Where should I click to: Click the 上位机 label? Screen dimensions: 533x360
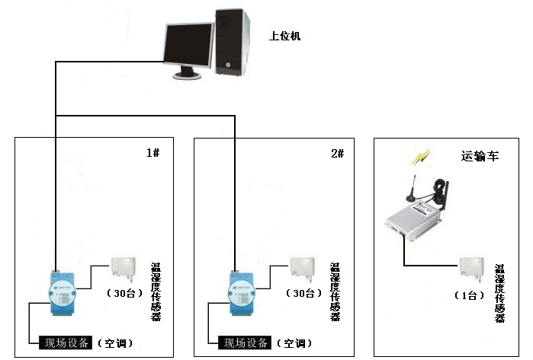pos(285,36)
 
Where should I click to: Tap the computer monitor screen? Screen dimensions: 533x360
pos(188,45)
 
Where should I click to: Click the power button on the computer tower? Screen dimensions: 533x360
pos(228,65)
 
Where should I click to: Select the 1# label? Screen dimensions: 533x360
pos(153,153)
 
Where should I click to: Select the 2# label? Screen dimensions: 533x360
pos(338,154)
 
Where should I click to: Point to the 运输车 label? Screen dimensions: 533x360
pos(480,156)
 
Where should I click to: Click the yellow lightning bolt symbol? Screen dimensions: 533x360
pos(421,157)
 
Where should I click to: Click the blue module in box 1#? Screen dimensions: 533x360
pos(63,293)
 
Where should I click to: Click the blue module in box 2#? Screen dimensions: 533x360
pos(242,293)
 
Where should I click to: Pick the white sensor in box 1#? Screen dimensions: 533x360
pos(124,269)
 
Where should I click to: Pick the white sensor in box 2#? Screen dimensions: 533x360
pos(303,269)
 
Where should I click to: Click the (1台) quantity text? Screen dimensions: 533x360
pos(470,295)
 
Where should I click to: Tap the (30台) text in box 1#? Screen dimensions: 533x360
pos(124,293)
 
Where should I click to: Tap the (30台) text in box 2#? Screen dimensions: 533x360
pos(303,293)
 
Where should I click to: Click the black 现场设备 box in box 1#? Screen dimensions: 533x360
pos(66,342)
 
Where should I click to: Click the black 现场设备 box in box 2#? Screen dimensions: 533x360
pos(245,342)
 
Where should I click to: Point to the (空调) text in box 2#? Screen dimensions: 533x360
pos(294,343)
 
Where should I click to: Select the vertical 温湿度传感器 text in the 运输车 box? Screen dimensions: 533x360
pos(499,294)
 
